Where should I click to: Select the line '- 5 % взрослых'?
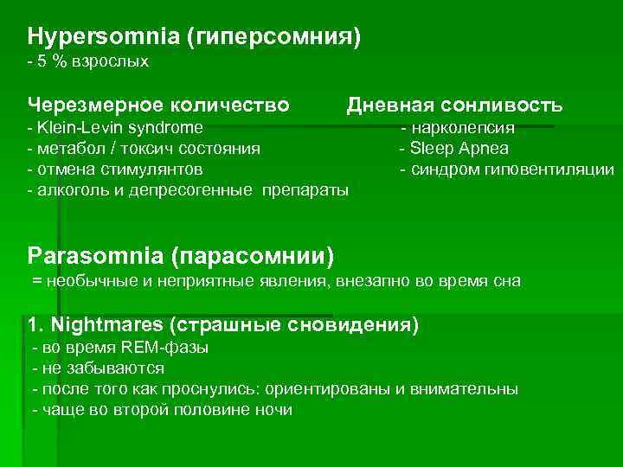click(x=87, y=62)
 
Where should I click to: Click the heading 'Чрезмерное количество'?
click(x=158, y=106)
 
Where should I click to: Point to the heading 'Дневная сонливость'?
click(x=454, y=106)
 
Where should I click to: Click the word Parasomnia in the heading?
click(x=96, y=256)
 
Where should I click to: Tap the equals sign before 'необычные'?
click(x=36, y=282)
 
